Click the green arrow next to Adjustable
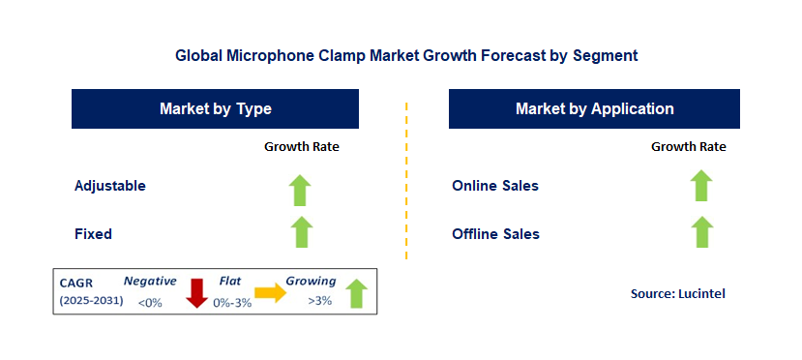click(x=300, y=191)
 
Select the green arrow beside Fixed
click(x=301, y=231)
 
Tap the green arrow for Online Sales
click(x=701, y=185)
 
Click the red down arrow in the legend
click(x=197, y=293)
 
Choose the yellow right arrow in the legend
click(x=271, y=292)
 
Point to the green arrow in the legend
click(x=357, y=293)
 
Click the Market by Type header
click(x=216, y=109)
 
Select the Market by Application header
click(x=594, y=109)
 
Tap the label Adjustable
click(x=110, y=186)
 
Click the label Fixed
click(x=93, y=234)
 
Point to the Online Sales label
click(x=495, y=186)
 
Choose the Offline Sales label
click(x=495, y=234)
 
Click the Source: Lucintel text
click(x=678, y=293)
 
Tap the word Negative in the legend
click(x=150, y=281)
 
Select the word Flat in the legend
click(x=230, y=281)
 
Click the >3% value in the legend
click(x=319, y=301)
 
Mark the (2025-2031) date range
click(x=92, y=301)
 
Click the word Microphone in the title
click(x=266, y=55)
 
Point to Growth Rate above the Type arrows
click(x=302, y=147)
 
